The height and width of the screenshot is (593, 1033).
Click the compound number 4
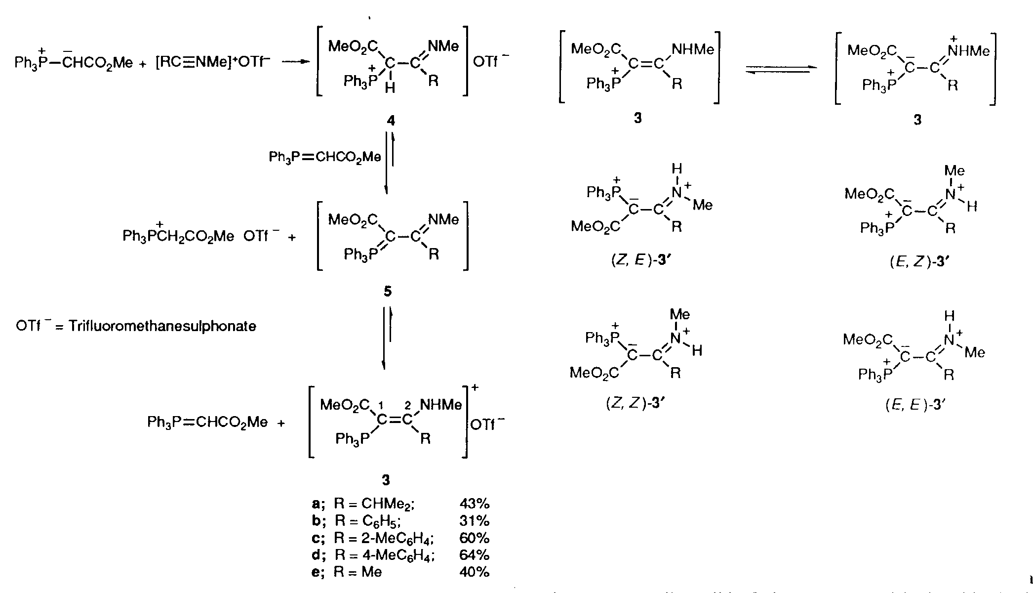point(391,121)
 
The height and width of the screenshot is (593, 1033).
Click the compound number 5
point(388,292)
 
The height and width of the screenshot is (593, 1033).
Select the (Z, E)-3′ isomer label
point(639,261)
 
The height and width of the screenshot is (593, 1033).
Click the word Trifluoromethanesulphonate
point(162,327)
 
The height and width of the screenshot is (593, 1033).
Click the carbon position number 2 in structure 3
point(407,406)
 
